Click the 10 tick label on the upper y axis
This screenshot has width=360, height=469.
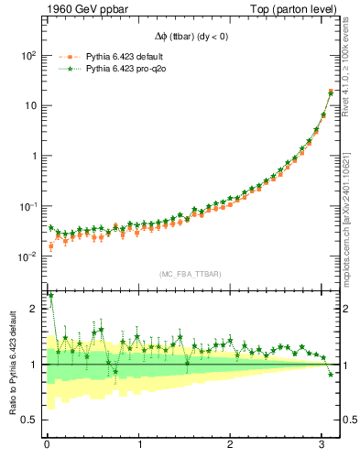tap(31, 105)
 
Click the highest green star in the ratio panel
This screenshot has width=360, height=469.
tap(50, 296)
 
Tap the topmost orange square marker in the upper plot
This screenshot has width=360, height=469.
tap(331, 92)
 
